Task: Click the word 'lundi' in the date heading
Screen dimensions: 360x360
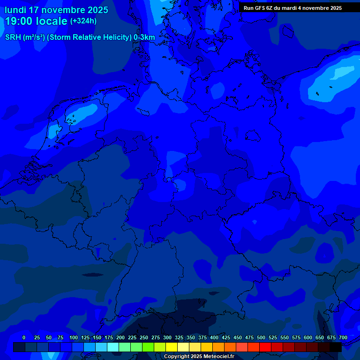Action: [15, 10]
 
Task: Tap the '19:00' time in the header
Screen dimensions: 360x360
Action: [19, 21]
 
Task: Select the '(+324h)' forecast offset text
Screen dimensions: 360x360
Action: [83, 21]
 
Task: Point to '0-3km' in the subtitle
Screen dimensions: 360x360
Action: [144, 37]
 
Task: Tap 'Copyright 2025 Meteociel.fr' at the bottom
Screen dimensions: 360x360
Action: [199, 357]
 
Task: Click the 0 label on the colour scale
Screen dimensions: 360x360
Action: [23, 337]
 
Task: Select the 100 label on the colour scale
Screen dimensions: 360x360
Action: [74, 337]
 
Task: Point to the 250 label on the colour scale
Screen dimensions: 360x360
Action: [144, 337]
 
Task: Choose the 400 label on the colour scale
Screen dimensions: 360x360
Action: [214, 337]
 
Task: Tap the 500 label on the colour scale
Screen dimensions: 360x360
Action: [261, 337]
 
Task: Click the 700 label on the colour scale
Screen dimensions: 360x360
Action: [343, 337]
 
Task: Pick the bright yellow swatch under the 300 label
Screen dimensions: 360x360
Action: [171, 347]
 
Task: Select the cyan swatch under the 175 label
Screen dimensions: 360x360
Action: [112, 347]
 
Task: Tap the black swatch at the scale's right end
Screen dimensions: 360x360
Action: [335, 347]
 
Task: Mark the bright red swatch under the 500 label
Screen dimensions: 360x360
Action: [265, 347]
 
